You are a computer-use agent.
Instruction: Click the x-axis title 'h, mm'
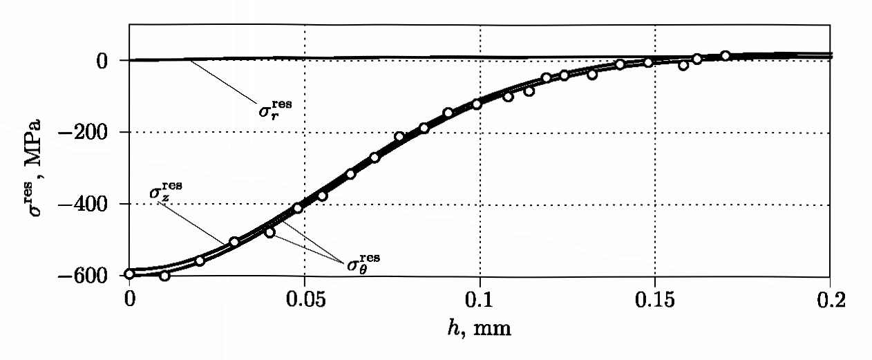click(480, 328)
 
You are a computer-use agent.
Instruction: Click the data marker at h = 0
click(130, 274)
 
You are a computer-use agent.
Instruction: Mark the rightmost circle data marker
click(725, 56)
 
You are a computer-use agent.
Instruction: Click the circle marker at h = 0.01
click(164, 276)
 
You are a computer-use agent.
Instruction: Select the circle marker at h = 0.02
click(200, 261)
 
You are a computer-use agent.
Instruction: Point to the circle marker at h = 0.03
click(234, 242)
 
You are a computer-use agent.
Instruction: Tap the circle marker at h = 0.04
click(269, 233)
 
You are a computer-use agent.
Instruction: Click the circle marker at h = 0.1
click(476, 104)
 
